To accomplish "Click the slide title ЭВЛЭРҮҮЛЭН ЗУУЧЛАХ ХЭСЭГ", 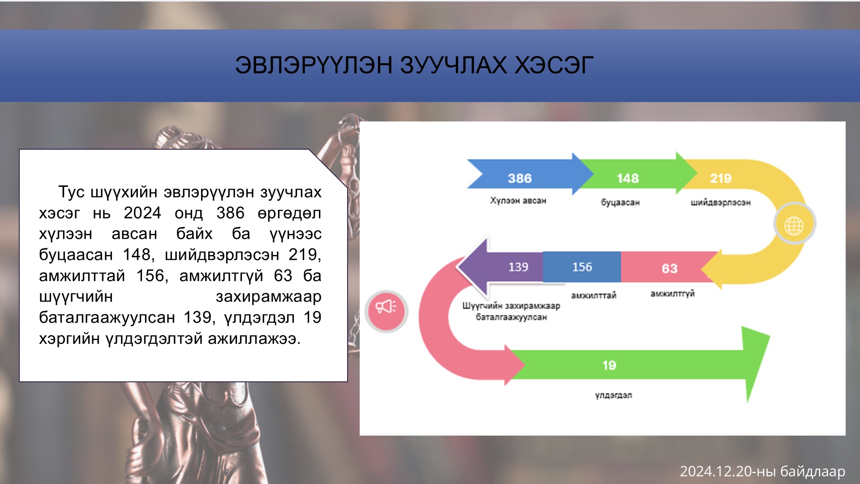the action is pos(414,65).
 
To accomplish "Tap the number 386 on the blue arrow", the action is pos(520,178).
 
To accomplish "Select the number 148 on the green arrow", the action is pos(628,178).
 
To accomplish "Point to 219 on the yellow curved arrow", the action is pos(720,178).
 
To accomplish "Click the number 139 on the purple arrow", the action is pos(518,267).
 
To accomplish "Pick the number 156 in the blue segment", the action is pos(582,267).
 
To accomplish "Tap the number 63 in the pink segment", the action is pos(670,268).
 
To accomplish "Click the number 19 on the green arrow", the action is pos(609,365).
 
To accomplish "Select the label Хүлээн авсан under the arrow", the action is pos(518,201).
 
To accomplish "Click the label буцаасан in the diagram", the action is pos(620,203).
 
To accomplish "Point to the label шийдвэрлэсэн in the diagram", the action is pos(720,203).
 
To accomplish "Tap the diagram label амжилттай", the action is pos(593,295).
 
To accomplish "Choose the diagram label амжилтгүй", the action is pos(672,294).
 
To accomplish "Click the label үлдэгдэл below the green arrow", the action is pos(613,395).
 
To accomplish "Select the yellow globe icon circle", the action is pos(794,224).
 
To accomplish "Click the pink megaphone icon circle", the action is pos(386,310).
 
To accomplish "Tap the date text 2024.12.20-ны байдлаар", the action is pos(762,471).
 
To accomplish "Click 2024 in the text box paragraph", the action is pos(142,213).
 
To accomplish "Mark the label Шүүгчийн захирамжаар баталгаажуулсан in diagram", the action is pos(511,311).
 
